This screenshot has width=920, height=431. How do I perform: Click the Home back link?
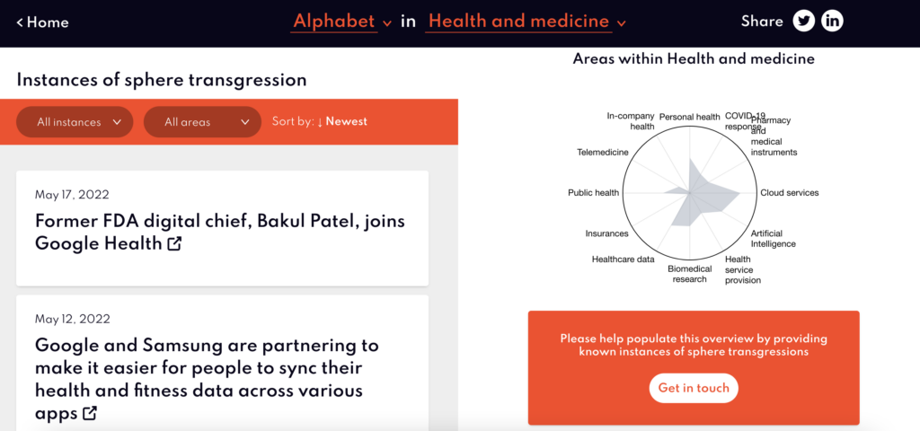click(42, 22)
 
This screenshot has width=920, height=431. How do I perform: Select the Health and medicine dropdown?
click(526, 22)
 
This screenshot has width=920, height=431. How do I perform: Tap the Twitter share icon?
click(804, 22)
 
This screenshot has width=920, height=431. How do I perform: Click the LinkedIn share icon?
click(832, 22)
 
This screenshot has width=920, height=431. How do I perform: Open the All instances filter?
click(75, 122)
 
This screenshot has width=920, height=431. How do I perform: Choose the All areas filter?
click(202, 122)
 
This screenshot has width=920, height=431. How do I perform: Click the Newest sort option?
click(346, 121)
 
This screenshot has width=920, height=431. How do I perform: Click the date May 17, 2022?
click(72, 195)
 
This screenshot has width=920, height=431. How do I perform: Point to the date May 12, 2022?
click(73, 320)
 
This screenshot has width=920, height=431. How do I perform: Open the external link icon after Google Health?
click(174, 243)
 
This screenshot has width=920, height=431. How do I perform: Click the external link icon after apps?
click(90, 413)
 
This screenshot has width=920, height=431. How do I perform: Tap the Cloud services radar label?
click(789, 193)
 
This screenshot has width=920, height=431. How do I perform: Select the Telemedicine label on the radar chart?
click(603, 153)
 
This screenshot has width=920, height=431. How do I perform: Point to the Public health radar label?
click(593, 193)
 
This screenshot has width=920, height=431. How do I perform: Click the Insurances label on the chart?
click(606, 234)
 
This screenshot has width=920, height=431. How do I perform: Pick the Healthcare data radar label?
click(624, 259)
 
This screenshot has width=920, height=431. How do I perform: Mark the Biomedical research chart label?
click(689, 274)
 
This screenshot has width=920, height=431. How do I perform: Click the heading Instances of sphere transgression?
click(162, 80)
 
